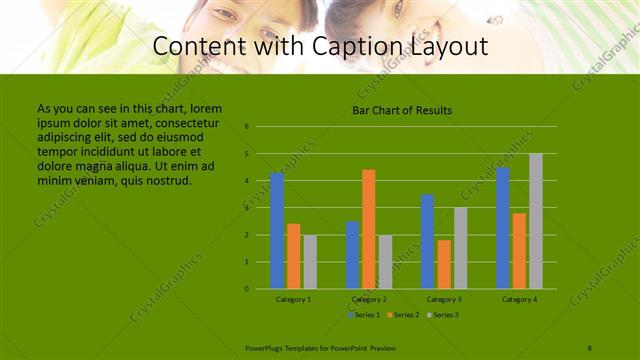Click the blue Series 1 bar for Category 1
point(277,231)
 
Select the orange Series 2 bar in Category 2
point(369,229)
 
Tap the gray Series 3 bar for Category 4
point(536,221)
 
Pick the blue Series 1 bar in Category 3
point(428,241)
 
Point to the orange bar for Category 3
point(444,264)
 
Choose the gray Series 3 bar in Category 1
point(310,262)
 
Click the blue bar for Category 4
point(503,228)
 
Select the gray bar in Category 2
point(385,262)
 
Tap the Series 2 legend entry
point(404,315)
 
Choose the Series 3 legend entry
point(443,315)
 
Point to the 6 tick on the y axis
point(246,127)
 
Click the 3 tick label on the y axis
point(246,208)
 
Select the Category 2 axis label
point(369,299)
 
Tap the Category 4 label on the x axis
point(519,299)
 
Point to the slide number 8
point(590,347)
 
